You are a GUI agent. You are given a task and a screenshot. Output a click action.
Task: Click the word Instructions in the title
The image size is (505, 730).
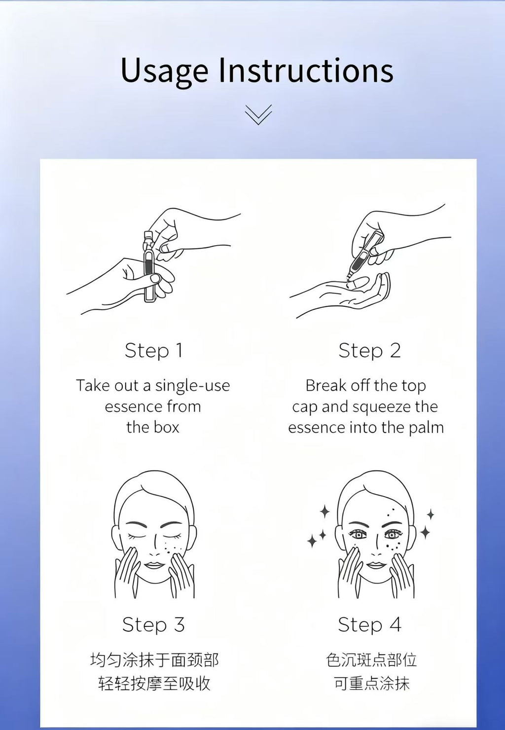click(x=306, y=71)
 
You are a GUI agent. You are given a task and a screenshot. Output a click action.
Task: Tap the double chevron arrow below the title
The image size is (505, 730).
click(x=258, y=114)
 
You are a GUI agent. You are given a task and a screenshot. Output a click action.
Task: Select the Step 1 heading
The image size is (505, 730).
click(x=153, y=351)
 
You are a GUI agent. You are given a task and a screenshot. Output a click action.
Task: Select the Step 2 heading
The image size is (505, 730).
click(x=369, y=351)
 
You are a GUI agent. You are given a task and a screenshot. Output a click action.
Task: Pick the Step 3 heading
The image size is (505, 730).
click(x=153, y=625)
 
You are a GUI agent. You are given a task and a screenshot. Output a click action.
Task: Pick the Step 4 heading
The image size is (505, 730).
click(x=369, y=625)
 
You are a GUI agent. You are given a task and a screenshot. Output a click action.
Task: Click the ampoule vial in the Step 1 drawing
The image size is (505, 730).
click(x=149, y=266)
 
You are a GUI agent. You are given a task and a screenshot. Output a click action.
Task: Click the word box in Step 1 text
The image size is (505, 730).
click(x=166, y=428)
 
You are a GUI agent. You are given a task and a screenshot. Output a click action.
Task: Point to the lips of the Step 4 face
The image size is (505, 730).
click(x=376, y=564)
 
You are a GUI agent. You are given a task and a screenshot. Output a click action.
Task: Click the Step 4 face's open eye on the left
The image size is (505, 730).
click(x=358, y=535)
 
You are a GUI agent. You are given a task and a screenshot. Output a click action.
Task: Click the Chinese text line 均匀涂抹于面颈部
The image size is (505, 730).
click(x=154, y=660)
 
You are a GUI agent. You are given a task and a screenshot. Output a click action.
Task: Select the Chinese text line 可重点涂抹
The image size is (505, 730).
click(x=371, y=684)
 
